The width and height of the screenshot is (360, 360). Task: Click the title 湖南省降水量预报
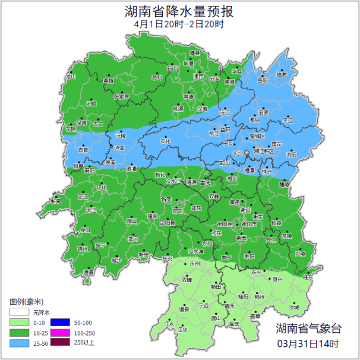click(x=179, y=11)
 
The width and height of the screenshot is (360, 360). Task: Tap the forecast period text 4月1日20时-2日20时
click(x=179, y=24)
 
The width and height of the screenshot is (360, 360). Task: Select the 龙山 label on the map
click(x=72, y=77)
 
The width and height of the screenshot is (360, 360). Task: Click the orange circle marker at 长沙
click(x=247, y=153)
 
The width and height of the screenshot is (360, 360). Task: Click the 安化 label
click(x=166, y=141)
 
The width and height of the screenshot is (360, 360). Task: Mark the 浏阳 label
click(x=291, y=154)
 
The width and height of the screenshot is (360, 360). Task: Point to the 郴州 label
click(x=258, y=296)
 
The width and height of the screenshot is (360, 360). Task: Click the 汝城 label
click(x=294, y=307)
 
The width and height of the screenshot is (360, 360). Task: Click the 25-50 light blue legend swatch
click(x=18, y=343)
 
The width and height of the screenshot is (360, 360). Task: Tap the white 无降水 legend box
click(x=18, y=311)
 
